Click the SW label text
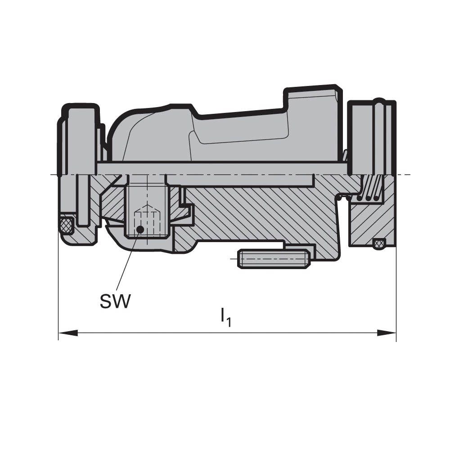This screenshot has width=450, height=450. tap(115, 301)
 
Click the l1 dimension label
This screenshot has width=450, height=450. tap(225, 317)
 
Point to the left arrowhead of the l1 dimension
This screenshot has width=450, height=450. tap(68, 333)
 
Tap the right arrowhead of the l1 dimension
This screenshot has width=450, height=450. tap(387, 333)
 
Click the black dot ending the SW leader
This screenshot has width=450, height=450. tap(140, 229)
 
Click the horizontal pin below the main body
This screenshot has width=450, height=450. tap(274, 259)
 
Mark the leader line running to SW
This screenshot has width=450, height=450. tap(128, 260)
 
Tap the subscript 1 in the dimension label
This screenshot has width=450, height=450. tap(229, 322)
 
